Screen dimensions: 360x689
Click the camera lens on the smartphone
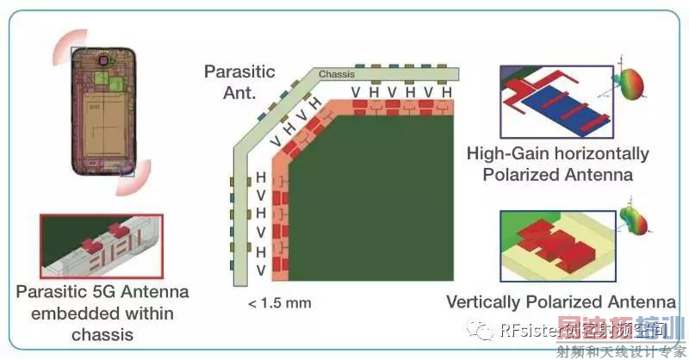point(110,62)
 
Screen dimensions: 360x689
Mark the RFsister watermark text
point(531,330)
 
